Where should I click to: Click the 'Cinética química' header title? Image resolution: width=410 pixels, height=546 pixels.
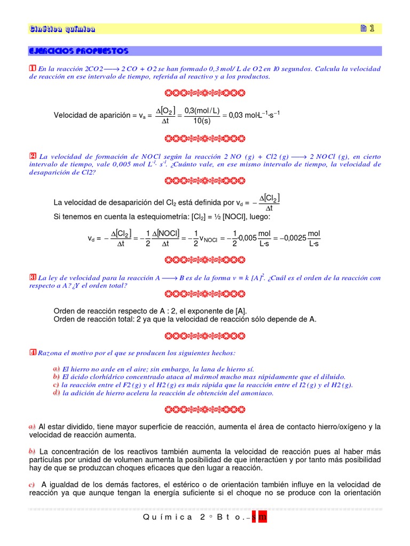pyautogui.click(x=62, y=29)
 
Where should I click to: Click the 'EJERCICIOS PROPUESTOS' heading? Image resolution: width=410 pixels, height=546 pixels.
pyautogui.click(x=78, y=51)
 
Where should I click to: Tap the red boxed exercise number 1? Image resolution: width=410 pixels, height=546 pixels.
pyautogui.click(x=33, y=68)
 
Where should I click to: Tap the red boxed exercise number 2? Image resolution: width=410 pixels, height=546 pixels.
pyautogui.click(x=33, y=156)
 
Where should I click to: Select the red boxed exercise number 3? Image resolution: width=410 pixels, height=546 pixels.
pyautogui.click(x=33, y=277)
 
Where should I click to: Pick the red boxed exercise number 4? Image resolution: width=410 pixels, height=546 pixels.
pyautogui.click(x=33, y=352)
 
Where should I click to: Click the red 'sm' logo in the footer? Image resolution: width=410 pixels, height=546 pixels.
pyautogui.click(x=262, y=518)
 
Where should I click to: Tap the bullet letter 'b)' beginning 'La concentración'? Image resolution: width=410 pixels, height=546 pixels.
pyautogui.click(x=32, y=451)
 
